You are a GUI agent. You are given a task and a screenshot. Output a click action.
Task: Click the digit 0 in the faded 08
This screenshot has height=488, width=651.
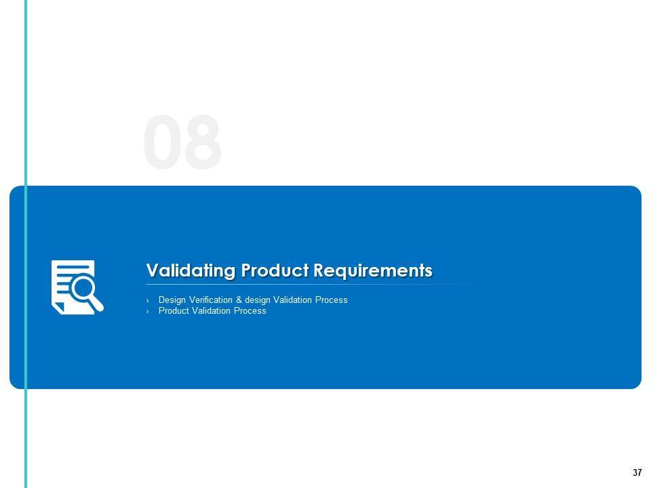[162, 142]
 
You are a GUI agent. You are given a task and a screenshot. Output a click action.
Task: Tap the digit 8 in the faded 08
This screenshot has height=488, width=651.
[202, 142]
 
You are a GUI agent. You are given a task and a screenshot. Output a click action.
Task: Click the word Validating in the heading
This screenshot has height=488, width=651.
[191, 270]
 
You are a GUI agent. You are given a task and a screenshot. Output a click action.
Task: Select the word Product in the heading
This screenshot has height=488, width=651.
[275, 270]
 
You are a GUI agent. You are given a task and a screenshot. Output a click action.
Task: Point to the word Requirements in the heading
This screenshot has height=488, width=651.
[373, 270]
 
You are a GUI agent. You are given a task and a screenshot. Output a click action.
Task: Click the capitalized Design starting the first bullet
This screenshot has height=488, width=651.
[172, 300]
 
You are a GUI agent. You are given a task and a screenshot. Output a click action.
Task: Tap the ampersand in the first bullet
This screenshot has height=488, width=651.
[239, 300]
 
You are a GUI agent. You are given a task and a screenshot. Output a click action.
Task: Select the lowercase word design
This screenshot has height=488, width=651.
[258, 300]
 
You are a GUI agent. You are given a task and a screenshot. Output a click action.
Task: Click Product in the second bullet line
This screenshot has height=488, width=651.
[174, 311]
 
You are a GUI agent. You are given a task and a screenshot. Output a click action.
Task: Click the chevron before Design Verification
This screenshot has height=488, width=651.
[147, 300]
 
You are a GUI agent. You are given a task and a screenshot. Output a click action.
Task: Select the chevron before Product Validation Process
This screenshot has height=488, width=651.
[147, 311]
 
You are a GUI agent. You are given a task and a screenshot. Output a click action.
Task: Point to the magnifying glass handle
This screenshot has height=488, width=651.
[96, 304]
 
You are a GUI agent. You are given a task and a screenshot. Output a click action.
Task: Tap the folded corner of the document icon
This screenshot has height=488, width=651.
[59, 308]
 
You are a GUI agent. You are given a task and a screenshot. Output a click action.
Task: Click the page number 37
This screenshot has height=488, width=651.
[637, 472]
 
